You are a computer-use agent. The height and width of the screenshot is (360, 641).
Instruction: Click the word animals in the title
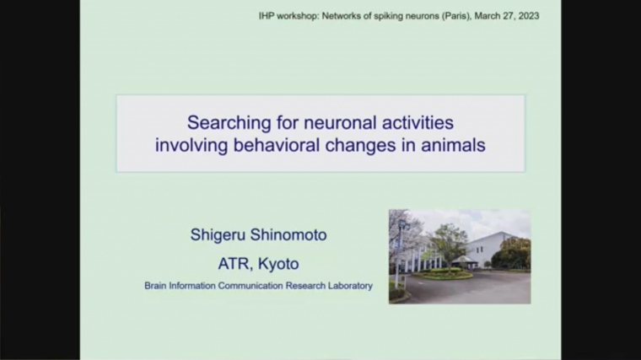pyautogui.click(x=453, y=144)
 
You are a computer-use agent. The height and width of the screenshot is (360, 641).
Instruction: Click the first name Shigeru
pyautogui.click(x=218, y=235)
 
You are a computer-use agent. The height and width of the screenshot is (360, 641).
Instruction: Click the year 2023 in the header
pyautogui.click(x=527, y=16)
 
